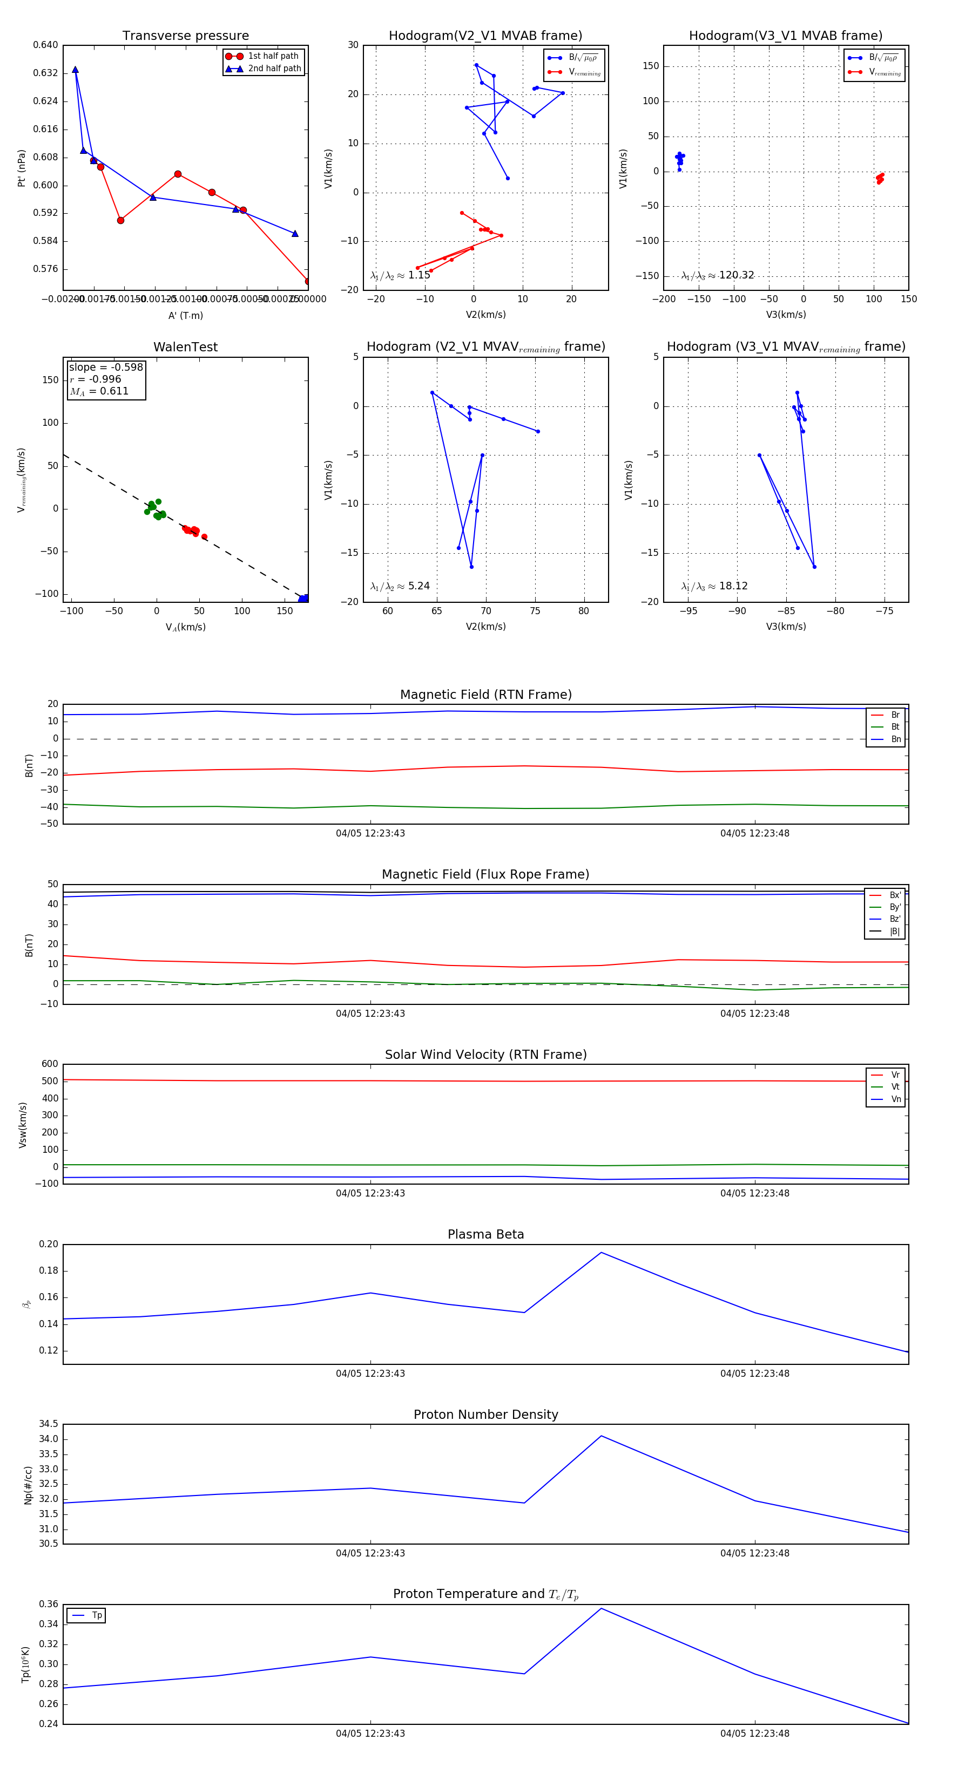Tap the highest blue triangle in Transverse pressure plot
(x=76, y=70)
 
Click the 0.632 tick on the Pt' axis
(x=46, y=73)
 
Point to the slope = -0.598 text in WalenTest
(x=106, y=367)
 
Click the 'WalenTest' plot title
(x=185, y=347)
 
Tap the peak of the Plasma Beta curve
(x=601, y=1252)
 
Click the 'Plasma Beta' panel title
(x=485, y=1234)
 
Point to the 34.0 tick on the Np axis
(x=49, y=1439)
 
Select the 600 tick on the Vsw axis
(x=50, y=1064)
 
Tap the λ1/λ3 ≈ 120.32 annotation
(x=718, y=275)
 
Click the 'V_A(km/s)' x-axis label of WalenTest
(x=185, y=627)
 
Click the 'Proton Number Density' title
(x=485, y=1415)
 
